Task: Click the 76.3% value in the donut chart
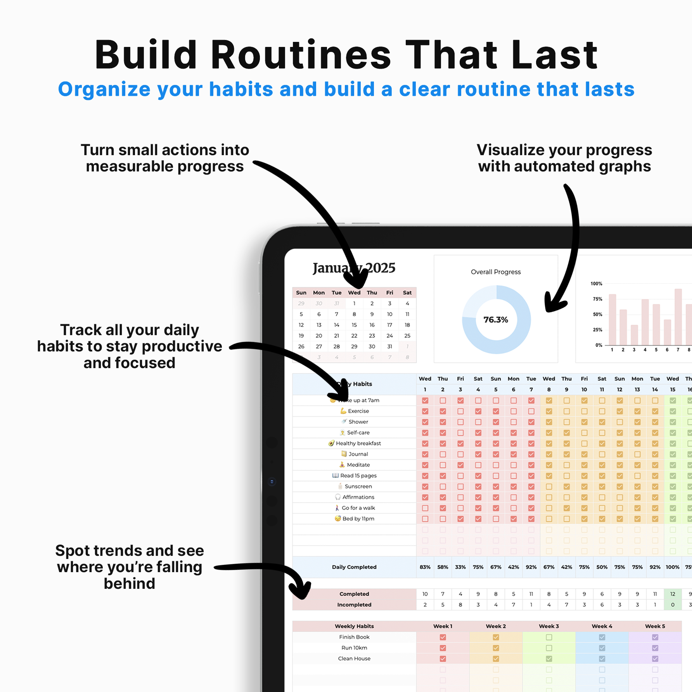(x=495, y=320)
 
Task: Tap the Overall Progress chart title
(x=495, y=272)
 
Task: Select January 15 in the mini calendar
(x=354, y=325)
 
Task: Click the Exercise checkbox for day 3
(x=460, y=411)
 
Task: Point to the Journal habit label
(x=358, y=454)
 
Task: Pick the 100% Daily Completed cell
(x=672, y=567)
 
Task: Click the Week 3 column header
(x=549, y=626)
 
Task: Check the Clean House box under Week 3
(x=549, y=659)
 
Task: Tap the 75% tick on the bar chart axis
(x=597, y=299)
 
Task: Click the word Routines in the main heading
(x=301, y=55)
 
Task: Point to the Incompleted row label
(x=354, y=605)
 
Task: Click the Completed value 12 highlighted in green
(x=673, y=594)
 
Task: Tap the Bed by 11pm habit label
(x=358, y=519)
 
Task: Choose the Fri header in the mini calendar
(x=389, y=293)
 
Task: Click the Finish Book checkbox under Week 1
(x=443, y=637)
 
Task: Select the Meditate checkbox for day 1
(x=425, y=465)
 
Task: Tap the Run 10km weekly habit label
(x=354, y=648)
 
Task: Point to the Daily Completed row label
(x=354, y=567)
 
